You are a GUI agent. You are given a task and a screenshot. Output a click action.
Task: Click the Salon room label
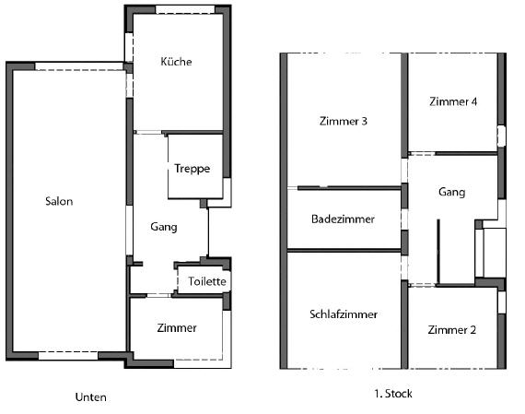click(59, 201)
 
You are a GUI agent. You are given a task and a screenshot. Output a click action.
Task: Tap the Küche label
click(176, 62)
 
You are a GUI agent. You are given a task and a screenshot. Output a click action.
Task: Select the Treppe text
click(192, 169)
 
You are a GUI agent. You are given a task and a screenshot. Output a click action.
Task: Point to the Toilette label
click(207, 281)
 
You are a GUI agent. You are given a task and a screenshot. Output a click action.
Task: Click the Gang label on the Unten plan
click(164, 227)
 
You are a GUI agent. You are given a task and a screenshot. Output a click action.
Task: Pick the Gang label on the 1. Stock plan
click(451, 192)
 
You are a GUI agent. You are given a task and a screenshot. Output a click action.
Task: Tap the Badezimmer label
click(343, 219)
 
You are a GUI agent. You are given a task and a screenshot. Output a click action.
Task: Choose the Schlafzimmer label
click(344, 314)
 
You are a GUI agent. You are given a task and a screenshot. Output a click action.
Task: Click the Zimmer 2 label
click(451, 330)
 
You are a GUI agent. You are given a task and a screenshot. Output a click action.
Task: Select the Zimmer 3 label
click(344, 121)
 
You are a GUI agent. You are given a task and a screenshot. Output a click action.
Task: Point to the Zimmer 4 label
click(453, 101)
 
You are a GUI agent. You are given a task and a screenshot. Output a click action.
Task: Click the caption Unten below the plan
click(91, 397)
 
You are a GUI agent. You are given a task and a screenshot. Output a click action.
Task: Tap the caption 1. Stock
click(393, 394)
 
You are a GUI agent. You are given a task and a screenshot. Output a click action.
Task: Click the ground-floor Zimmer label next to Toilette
click(177, 328)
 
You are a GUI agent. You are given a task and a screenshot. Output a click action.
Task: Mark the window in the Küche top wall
click(185, 10)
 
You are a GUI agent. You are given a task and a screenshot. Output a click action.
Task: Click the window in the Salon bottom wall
click(68, 356)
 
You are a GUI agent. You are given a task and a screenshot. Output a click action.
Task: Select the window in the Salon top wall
click(79, 66)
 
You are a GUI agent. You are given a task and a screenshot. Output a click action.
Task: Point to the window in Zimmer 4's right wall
click(501, 136)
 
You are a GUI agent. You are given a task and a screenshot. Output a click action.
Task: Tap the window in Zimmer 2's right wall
click(502, 302)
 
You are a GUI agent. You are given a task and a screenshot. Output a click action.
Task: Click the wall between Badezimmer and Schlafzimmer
click(344, 251)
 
